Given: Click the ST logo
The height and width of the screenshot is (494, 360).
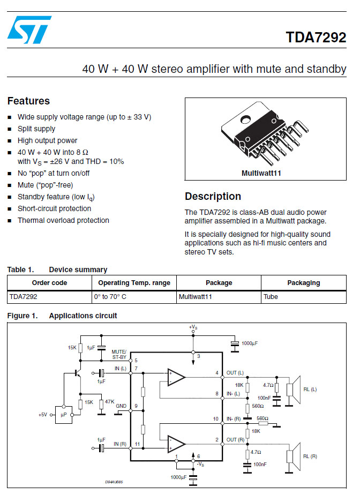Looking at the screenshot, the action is pyautogui.click(x=29, y=29).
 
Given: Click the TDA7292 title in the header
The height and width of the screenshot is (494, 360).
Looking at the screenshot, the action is pyautogui.click(x=316, y=37).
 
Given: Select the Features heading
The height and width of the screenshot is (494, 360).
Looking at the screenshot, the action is pyautogui.click(x=29, y=101).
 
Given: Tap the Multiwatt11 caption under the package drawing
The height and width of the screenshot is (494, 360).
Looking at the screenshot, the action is pyautogui.click(x=261, y=173).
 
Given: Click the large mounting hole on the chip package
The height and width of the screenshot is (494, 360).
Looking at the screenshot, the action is pyautogui.click(x=245, y=119).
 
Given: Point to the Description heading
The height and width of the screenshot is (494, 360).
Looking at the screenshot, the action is pyautogui.click(x=213, y=196).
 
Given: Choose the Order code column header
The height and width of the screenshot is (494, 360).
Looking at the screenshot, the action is pyautogui.click(x=49, y=282).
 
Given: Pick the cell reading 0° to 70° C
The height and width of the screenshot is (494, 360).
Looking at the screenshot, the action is pyautogui.click(x=110, y=296).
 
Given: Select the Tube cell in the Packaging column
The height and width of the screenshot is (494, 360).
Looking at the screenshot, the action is pyautogui.click(x=271, y=296).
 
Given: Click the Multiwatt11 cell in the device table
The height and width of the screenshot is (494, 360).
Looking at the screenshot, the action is pyautogui.click(x=196, y=296).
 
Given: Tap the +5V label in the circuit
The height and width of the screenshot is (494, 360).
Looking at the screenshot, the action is pyautogui.click(x=43, y=415).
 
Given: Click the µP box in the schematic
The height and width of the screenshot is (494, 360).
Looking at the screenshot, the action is pyautogui.click(x=64, y=415).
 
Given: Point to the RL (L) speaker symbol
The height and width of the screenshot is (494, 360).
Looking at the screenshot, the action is pyautogui.click(x=294, y=390).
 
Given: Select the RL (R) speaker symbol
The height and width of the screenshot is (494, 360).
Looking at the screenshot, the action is pyautogui.click(x=294, y=456).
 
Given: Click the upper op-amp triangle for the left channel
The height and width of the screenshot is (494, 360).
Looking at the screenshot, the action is pyautogui.click(x=176, y=377).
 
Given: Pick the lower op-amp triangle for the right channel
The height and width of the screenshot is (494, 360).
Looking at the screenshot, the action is pyautogui.click(x=176, y=444).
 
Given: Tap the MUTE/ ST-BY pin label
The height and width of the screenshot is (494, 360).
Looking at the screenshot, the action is pyautogui.click(x=119, y=355).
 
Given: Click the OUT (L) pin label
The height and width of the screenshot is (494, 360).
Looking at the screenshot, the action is pyautogui.click(x=235, y=373).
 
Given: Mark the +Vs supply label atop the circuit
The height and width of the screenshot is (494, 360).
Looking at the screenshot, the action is pyautogui.click(x=193, y=327).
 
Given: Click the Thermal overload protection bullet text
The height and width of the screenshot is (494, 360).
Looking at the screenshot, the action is pyautogui.click(x=63, y=220).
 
